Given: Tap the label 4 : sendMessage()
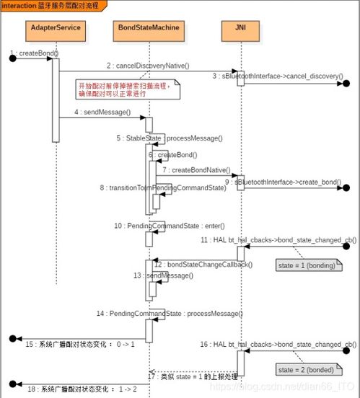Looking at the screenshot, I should [x=102, y=112].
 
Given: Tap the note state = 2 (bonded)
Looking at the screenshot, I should [x=307, y=369].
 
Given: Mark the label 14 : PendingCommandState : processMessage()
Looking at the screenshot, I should [x=169, y=314].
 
